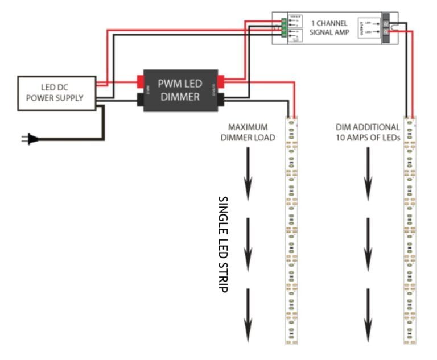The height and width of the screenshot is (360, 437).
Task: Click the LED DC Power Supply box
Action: pyautogui.click(x=54, y=93)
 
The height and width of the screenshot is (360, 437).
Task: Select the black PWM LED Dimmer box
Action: pyautogui.click(x=180, y=90)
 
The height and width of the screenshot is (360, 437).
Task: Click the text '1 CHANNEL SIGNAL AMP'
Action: pyautogui.click(x=329, y=27)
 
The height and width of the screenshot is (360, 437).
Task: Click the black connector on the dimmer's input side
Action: pyautogui.click(x=139, y=101)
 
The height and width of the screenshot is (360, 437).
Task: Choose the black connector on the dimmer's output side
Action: pyautogui.click(x=221, y=101)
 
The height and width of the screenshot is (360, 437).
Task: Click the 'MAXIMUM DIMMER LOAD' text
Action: pyautogui.click(x=251, y=132)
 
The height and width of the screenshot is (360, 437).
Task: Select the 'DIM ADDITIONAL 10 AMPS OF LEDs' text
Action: pyautogui.click(x=368, y=132)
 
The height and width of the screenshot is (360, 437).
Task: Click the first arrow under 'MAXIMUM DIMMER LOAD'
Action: pyautogui.click(x=248, y=173)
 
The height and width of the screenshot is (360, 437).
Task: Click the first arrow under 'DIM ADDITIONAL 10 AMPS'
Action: pyautogui.click(x=368, y=173)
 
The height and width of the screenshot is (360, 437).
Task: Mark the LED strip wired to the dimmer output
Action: pyautogui.click(x=291, y=230)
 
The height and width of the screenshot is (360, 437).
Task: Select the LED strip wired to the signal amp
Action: pyautogui.click(x=409, y=230)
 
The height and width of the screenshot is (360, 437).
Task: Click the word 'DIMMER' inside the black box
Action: pyautogui.click(x=180, y=97)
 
